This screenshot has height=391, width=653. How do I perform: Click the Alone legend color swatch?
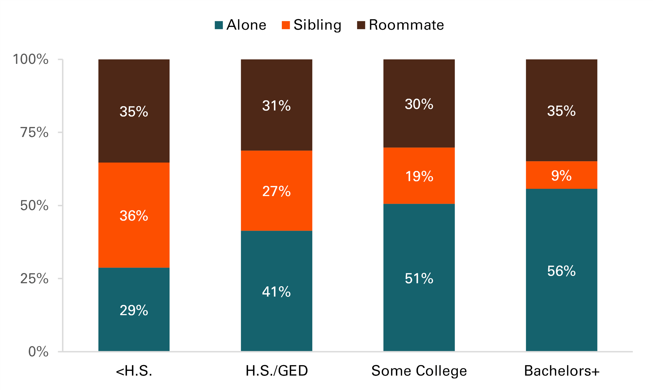pyautogui.click(x=219, y=25)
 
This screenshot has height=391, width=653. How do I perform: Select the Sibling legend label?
pyautogui.click(x=317, y=25)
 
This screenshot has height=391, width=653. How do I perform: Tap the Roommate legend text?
pyautogui.click(x=406, y=25)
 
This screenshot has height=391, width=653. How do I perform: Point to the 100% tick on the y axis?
pyautogui.click(x=31, y=59)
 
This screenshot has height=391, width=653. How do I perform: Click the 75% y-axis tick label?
pyautogui.click(x=34, y=132)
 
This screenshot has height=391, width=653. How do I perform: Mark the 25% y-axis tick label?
pyautogui.click(x=34, y=278)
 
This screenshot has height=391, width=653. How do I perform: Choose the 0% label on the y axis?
pyautogui.click(x=38, y=351)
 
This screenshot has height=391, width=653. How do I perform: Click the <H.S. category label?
pyautogui.click(x=134, y=371)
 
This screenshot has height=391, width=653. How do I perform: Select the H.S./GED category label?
pyautogui.click(x=276, y=371)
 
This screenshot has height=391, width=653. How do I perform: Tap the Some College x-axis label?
pyautogui.click(x=419, y=371)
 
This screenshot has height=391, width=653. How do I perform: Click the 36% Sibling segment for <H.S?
pyautogui.click(x=134, y=237)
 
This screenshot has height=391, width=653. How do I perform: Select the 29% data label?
pyautogui.click(x=134, y=310)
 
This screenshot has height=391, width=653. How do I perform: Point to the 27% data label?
pyautogui.click(x=276, y=191)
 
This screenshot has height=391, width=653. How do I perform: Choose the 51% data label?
pyautogui.click(x=419, y=278)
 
